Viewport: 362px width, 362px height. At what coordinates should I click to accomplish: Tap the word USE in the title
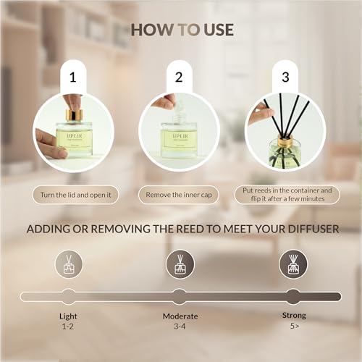pos(219,30)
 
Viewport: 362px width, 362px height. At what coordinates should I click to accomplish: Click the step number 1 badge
pos(73,77)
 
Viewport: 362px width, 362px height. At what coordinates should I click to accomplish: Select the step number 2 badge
pos(179,77)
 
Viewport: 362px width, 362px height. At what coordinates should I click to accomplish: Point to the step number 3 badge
pos(285,77)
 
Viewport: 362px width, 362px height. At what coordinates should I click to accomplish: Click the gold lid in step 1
pos(75,116)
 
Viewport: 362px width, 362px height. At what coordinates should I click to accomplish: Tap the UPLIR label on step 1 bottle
pos(75,135)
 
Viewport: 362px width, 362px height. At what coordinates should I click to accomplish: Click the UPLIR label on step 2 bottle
pos(180,136)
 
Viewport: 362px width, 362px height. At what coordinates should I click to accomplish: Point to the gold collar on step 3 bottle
pos(285,141)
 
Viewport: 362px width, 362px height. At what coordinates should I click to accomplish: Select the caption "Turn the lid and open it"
pos(75,195)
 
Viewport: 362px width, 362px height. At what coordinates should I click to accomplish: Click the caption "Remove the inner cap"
pos(179,195)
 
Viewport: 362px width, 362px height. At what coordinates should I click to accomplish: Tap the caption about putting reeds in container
pos(287,195)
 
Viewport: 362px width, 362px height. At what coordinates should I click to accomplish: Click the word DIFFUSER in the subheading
pos(313,229)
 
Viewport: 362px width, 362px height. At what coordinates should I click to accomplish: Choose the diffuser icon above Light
pos(69,264)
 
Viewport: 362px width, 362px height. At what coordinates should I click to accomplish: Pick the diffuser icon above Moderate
pos(180,264)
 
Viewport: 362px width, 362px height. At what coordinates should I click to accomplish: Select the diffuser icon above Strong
pos(293,264)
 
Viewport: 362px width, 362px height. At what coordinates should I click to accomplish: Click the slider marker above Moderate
pos(180,297)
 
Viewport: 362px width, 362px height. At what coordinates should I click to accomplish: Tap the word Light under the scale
pos(68,316)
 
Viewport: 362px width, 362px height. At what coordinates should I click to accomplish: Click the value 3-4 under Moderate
pos(180,327)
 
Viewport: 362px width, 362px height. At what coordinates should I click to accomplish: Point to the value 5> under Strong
pos(295,326)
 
